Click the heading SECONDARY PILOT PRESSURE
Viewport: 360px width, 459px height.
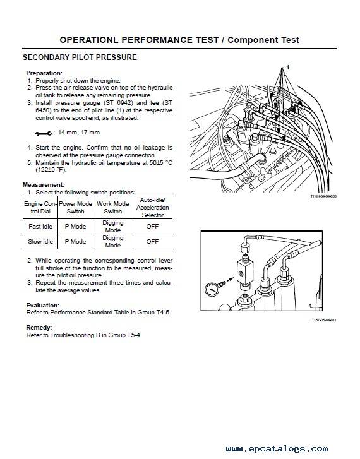80,57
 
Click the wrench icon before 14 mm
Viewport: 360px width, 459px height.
43,133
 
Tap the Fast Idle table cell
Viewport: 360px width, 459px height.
40,226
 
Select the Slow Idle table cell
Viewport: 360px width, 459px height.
40,242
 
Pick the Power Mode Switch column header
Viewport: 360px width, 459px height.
75,207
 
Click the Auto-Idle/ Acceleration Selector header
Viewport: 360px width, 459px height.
153,208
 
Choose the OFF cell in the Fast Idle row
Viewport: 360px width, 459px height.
152,226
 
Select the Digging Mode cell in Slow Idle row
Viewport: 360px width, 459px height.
113,242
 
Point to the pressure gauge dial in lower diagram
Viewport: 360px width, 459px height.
212,289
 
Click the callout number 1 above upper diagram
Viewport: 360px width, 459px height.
287,68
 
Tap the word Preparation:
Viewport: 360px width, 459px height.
44,73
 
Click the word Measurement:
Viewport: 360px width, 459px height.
44,185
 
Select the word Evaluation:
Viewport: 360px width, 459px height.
43,305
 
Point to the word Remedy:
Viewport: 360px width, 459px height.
39,327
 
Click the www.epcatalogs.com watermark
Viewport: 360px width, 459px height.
277,449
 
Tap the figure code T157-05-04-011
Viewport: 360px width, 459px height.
324,320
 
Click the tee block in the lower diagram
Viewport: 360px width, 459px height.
243,273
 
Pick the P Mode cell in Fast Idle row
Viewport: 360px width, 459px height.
75,226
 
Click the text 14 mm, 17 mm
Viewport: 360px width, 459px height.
79,133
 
